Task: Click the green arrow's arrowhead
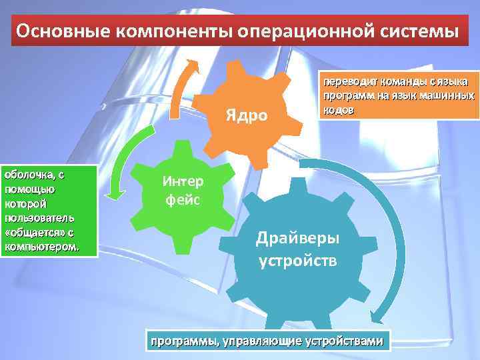pos(118,195)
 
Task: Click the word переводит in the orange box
pos(348,82)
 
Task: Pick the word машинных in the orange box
pos(447,96)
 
